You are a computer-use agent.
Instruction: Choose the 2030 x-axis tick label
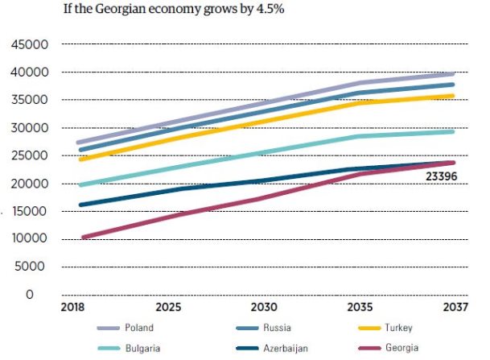coord(265,308)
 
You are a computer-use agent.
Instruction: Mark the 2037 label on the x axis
coord(454,308)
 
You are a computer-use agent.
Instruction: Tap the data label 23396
coord(447,175)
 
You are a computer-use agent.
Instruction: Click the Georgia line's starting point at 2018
coord(83,238)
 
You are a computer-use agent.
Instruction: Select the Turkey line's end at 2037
coord(454,96)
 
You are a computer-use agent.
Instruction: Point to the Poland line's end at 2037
coord(454,74)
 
